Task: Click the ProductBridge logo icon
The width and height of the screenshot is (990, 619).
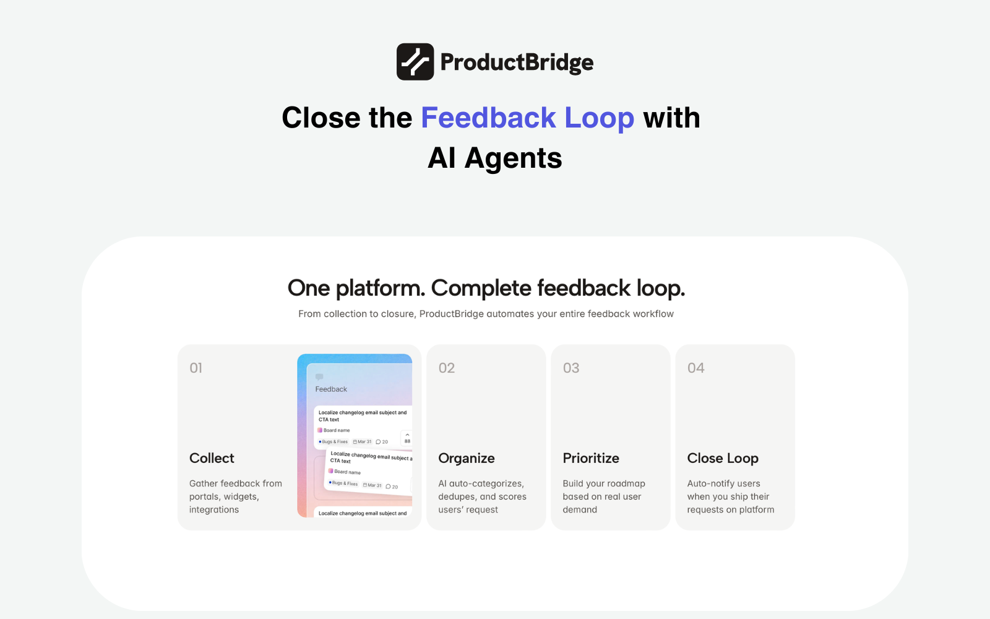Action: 415,62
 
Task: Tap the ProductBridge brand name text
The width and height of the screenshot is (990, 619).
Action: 517,63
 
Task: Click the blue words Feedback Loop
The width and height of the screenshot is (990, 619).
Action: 527,118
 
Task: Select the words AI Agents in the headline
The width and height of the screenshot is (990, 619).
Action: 495,158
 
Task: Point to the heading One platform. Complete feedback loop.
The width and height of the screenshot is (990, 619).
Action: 486,288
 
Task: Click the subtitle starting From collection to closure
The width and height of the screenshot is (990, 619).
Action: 486,314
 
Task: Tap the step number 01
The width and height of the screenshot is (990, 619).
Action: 196,368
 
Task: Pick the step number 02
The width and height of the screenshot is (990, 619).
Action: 447,368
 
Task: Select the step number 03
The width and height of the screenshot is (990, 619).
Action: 571,368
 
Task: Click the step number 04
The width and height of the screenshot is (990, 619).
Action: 696,368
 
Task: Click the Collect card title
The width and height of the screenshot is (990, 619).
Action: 212,458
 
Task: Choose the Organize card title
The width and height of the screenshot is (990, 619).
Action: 467,458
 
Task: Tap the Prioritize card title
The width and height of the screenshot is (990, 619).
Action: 591,458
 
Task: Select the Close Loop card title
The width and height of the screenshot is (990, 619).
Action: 723,458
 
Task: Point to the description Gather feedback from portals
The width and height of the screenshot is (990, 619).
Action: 235,496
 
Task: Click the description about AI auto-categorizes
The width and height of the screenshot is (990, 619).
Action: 482,496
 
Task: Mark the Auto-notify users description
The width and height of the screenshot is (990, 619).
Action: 730,496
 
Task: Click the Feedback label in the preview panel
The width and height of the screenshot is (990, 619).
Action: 331,389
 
